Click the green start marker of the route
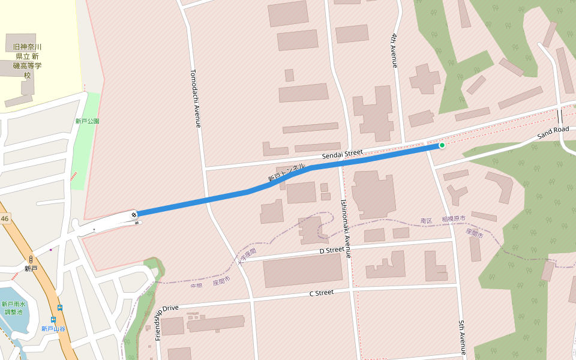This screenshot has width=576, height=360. (x=442, y=145)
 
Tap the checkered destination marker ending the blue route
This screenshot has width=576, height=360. (x=134, y=214)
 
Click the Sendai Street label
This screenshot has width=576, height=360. (x=342, y=155)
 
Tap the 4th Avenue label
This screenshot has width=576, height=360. (x=394, y=50)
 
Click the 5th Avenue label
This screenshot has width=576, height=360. (x=462, y=337)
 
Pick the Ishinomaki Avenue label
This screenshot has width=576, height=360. (x=345, y=229)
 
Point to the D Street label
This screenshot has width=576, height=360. (x=331, y=250)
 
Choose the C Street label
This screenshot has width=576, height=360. (x=321, y=293)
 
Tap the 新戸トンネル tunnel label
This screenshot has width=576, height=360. (x=286, y=172)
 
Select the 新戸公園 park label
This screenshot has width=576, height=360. (x=87, y=121)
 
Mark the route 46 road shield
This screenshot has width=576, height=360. (x=5, y=220)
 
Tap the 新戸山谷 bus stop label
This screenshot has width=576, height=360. (x=53, y=329)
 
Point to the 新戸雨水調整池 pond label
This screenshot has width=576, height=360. (x=13, y=308)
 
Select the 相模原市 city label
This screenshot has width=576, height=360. (x=454, y=220)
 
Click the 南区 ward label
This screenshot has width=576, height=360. (x=427, y=221)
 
